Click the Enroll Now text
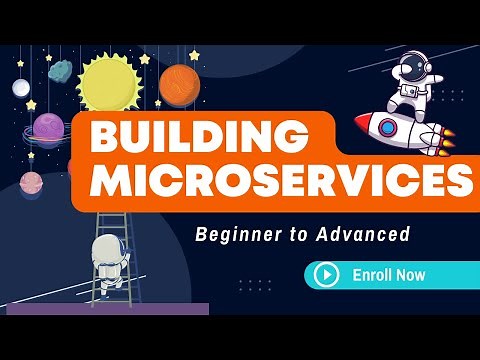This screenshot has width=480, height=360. coord(389,274)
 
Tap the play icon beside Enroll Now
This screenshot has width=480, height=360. coord(325,274)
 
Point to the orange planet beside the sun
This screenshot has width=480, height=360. coord(177,85)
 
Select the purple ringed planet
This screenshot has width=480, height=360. coord(49,128)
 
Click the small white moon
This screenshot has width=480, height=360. coord(21,88)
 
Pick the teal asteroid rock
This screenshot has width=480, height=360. coord(61,71)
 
